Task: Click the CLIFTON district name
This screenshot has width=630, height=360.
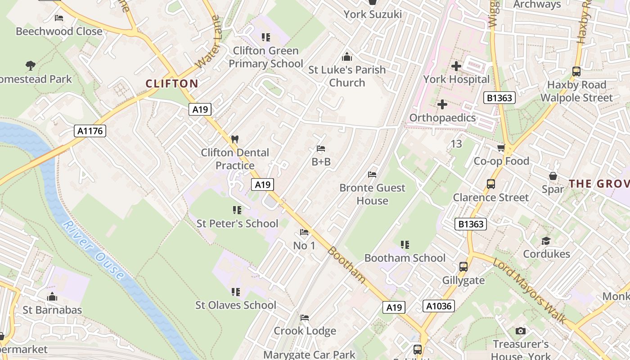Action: click(x=172, y=83)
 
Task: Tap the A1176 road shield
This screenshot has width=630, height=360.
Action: click(x=90, y=131)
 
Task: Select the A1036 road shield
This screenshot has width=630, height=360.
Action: click(x=439, y=306)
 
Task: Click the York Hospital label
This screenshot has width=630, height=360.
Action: click(x=456, y=79)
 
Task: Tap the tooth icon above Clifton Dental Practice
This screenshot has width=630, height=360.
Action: click(x=234, y=139)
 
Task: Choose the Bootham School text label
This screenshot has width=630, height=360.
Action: click(x=405, y=258)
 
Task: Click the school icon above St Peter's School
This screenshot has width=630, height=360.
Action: click(x=237, y=210)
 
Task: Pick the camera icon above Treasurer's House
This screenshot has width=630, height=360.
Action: click(x=521, y=331)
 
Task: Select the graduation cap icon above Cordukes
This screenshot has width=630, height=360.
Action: click(x=546, y=241)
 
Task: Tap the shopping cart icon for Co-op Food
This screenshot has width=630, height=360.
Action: click(x=501, y=148)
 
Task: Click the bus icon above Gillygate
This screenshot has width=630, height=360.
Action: click(x=463, y=267)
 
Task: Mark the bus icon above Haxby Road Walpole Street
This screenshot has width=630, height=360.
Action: click(x=576, y=71)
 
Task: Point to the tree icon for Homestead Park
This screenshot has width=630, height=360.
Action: click(x=31, y=66)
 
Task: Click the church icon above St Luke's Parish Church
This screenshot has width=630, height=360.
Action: click(x=346, y=57)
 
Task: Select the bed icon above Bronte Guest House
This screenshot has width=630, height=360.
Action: click(x=372, y=175)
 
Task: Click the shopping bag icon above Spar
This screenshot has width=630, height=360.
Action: click(x=553, y=176)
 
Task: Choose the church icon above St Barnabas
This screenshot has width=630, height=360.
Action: click(x=52, y=297)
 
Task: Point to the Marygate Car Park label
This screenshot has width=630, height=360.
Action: click(x=309, y=355)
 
